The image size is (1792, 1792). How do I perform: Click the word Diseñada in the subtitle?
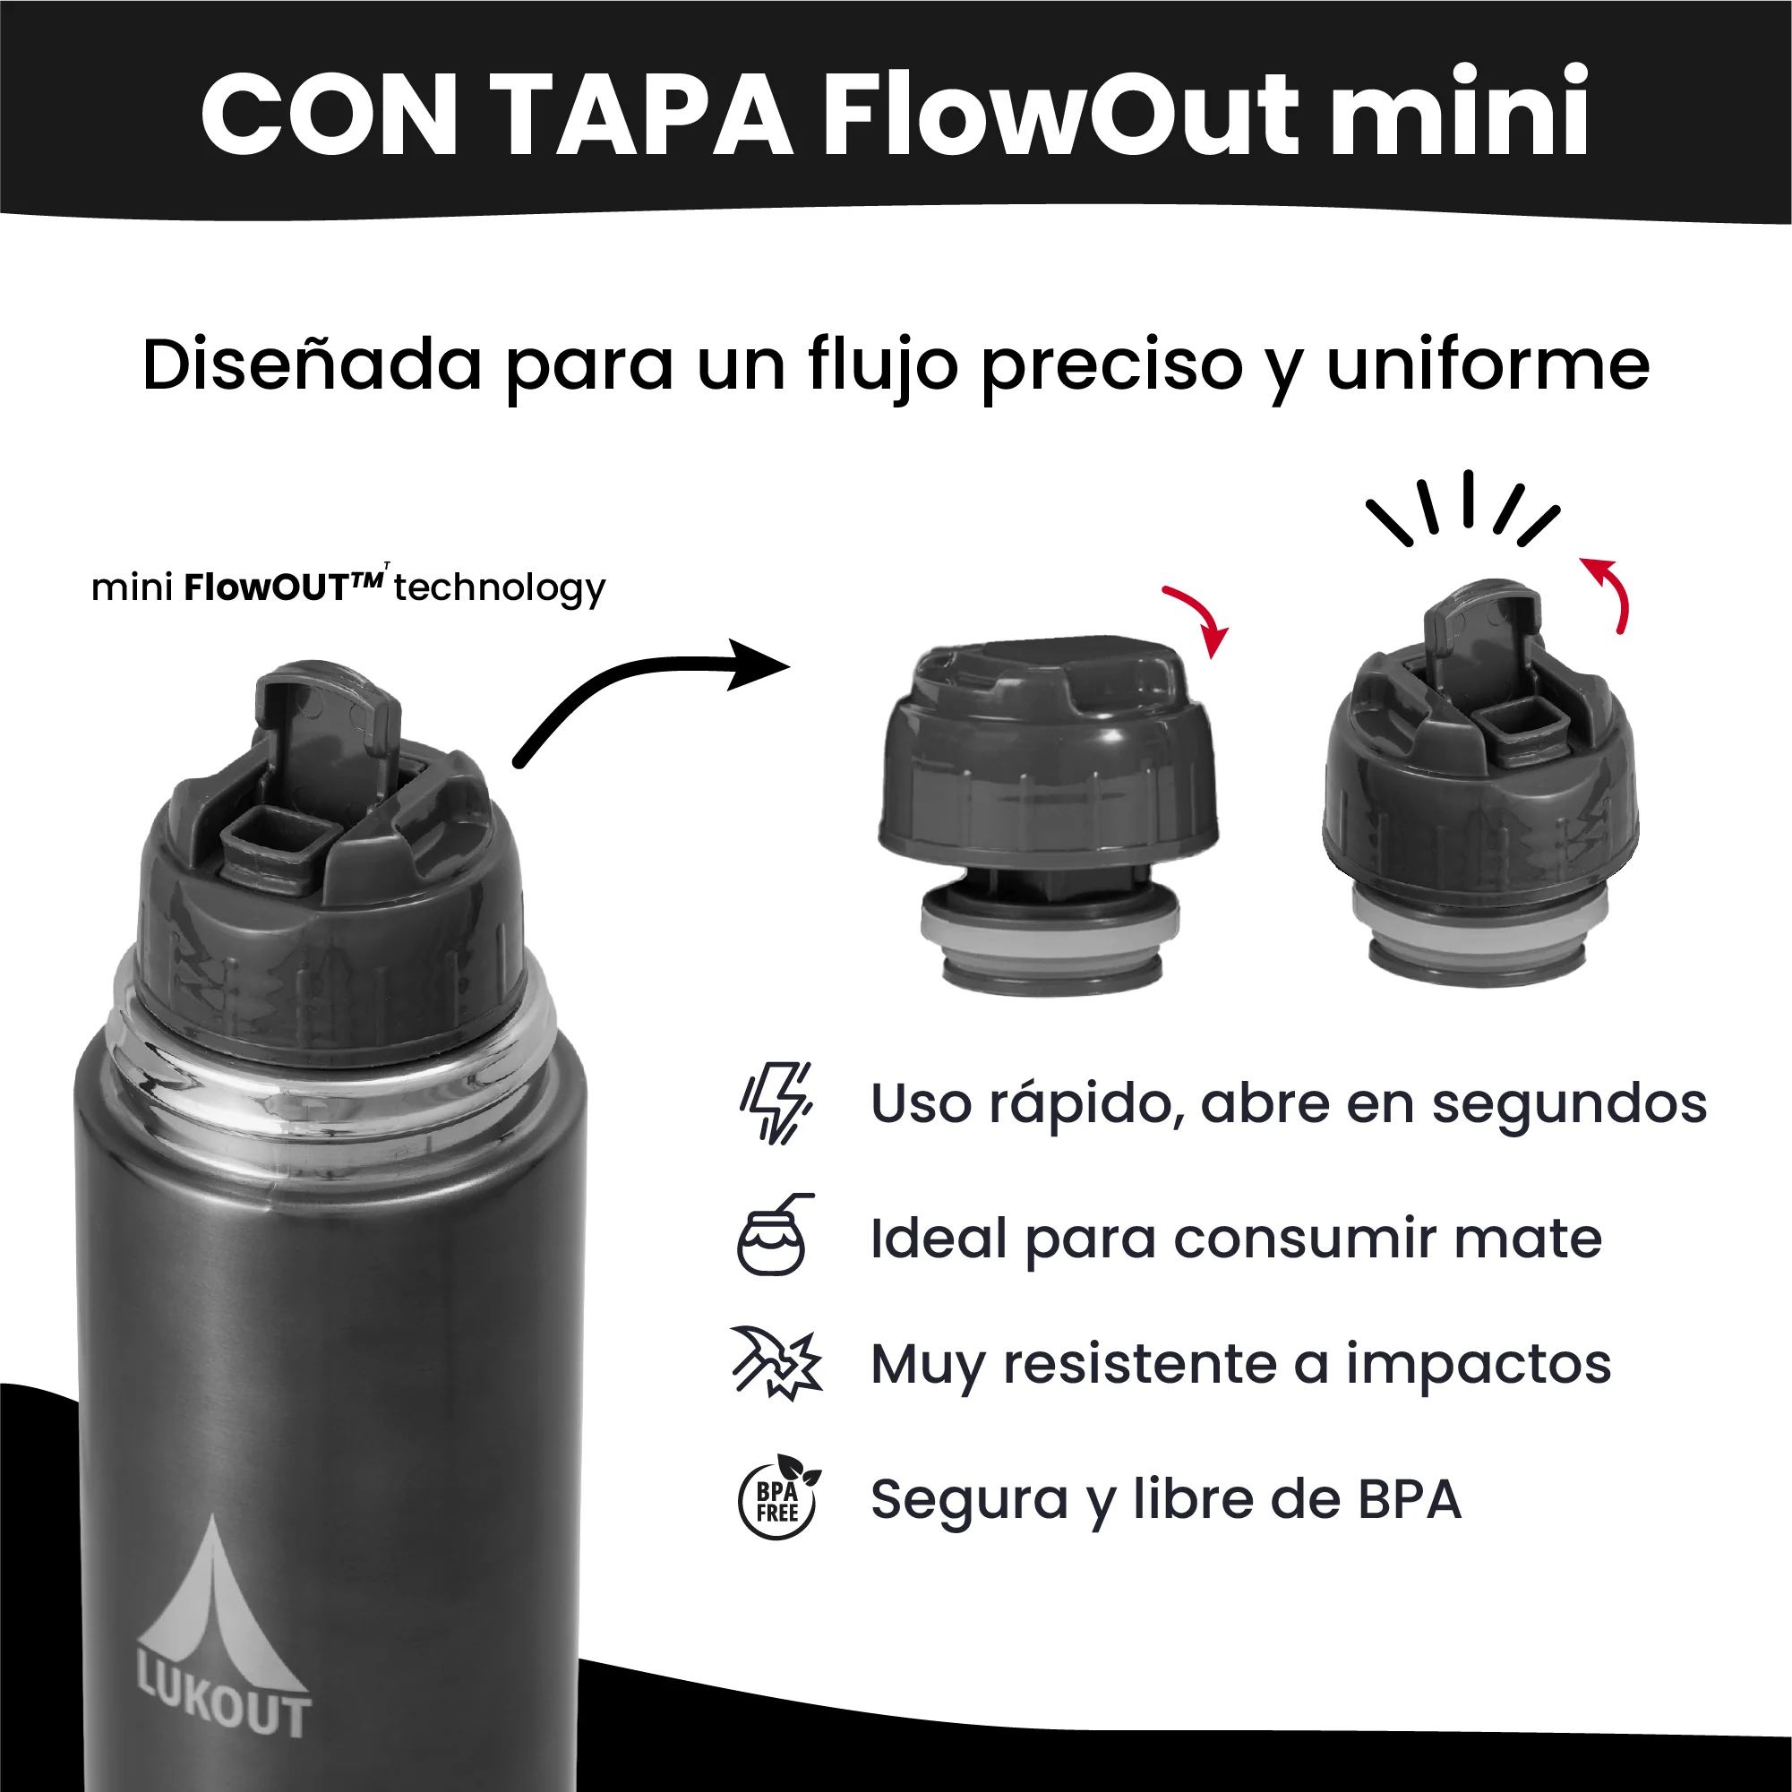tap(312, 364)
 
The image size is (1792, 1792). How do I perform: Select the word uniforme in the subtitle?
tap(1488, 364)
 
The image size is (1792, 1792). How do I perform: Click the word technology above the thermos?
tap(499, 588)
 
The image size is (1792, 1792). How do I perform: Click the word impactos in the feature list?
tap(1479, 1366)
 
